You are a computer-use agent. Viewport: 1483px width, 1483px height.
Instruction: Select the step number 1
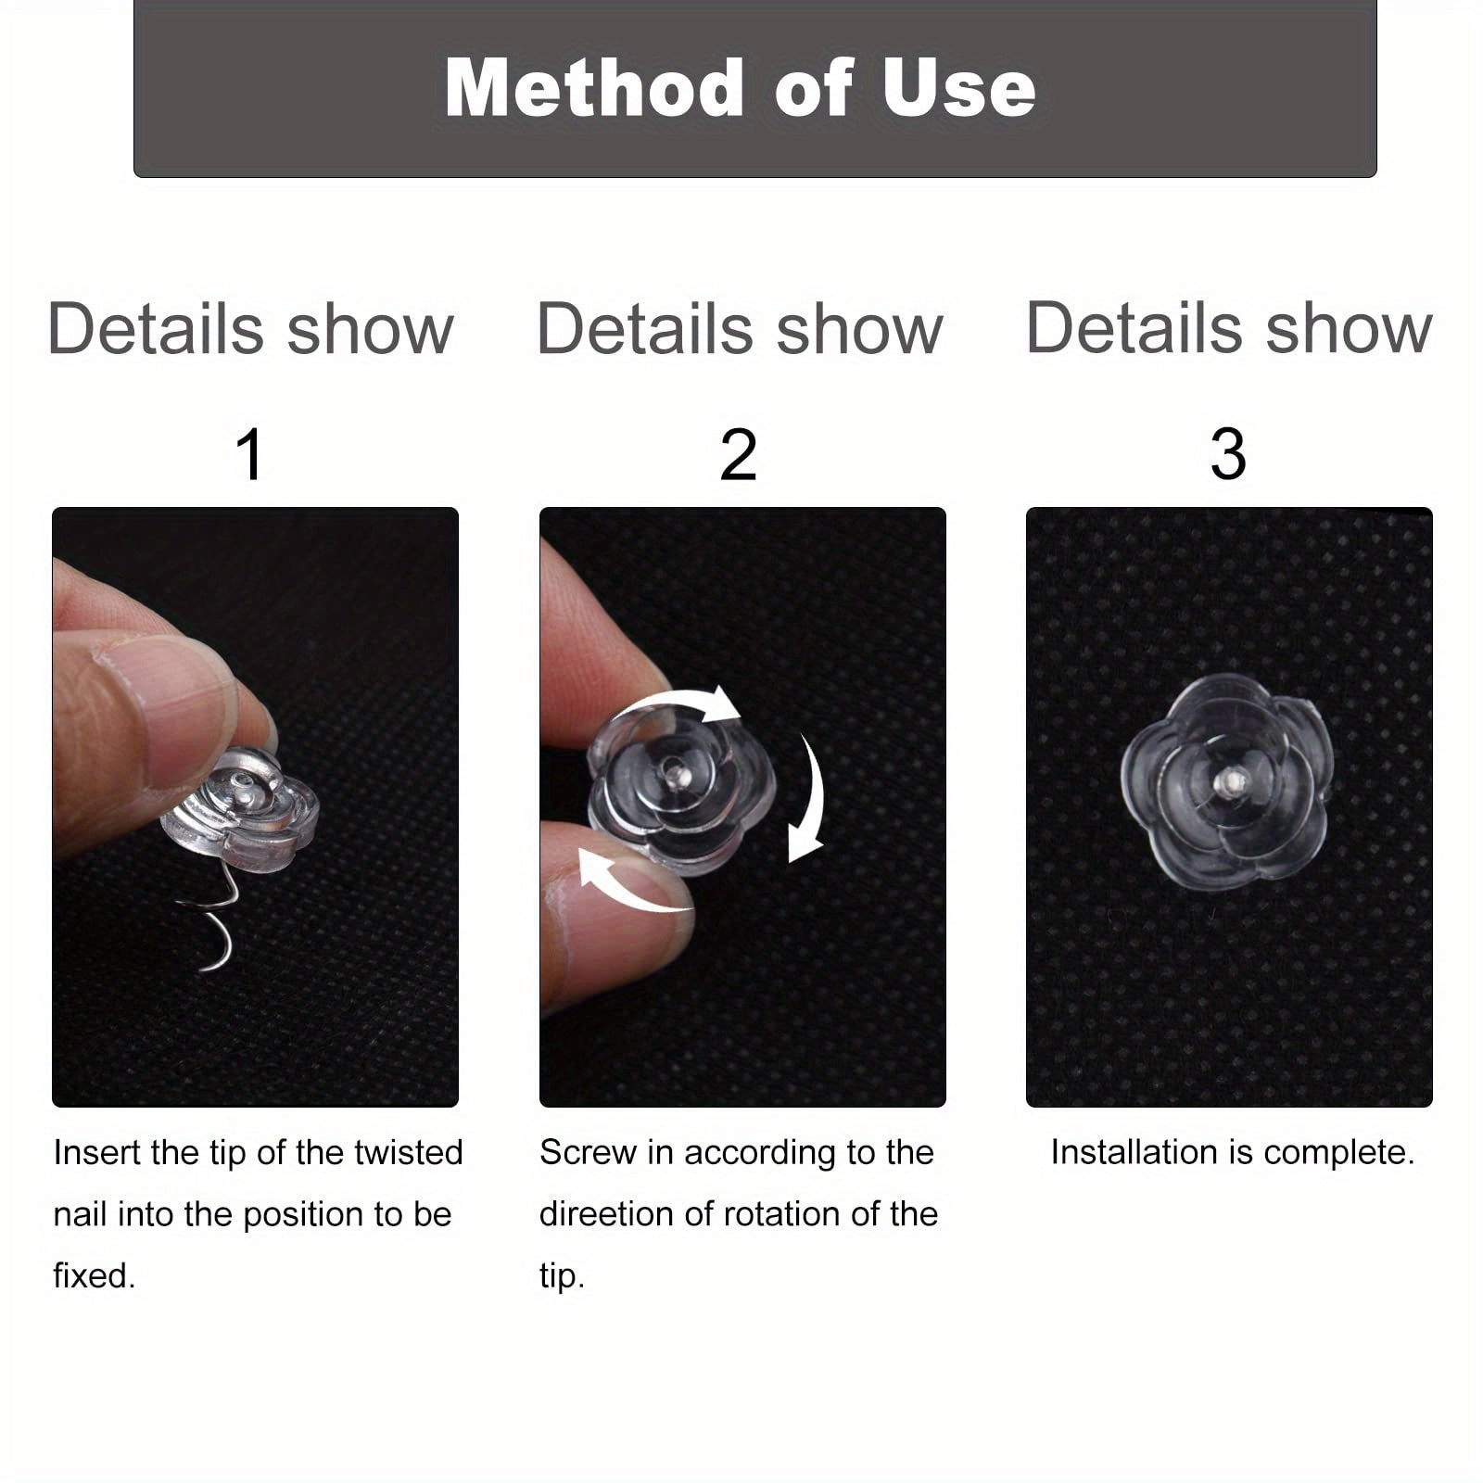pos(250,454)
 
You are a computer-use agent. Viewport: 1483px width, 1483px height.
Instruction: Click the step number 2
pos(739,454)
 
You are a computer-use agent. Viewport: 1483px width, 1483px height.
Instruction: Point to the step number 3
pos(1228,454)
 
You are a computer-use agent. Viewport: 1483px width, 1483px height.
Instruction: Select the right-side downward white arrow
pos(814,797)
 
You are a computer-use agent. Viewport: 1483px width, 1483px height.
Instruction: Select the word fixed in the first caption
pos(94,1275)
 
